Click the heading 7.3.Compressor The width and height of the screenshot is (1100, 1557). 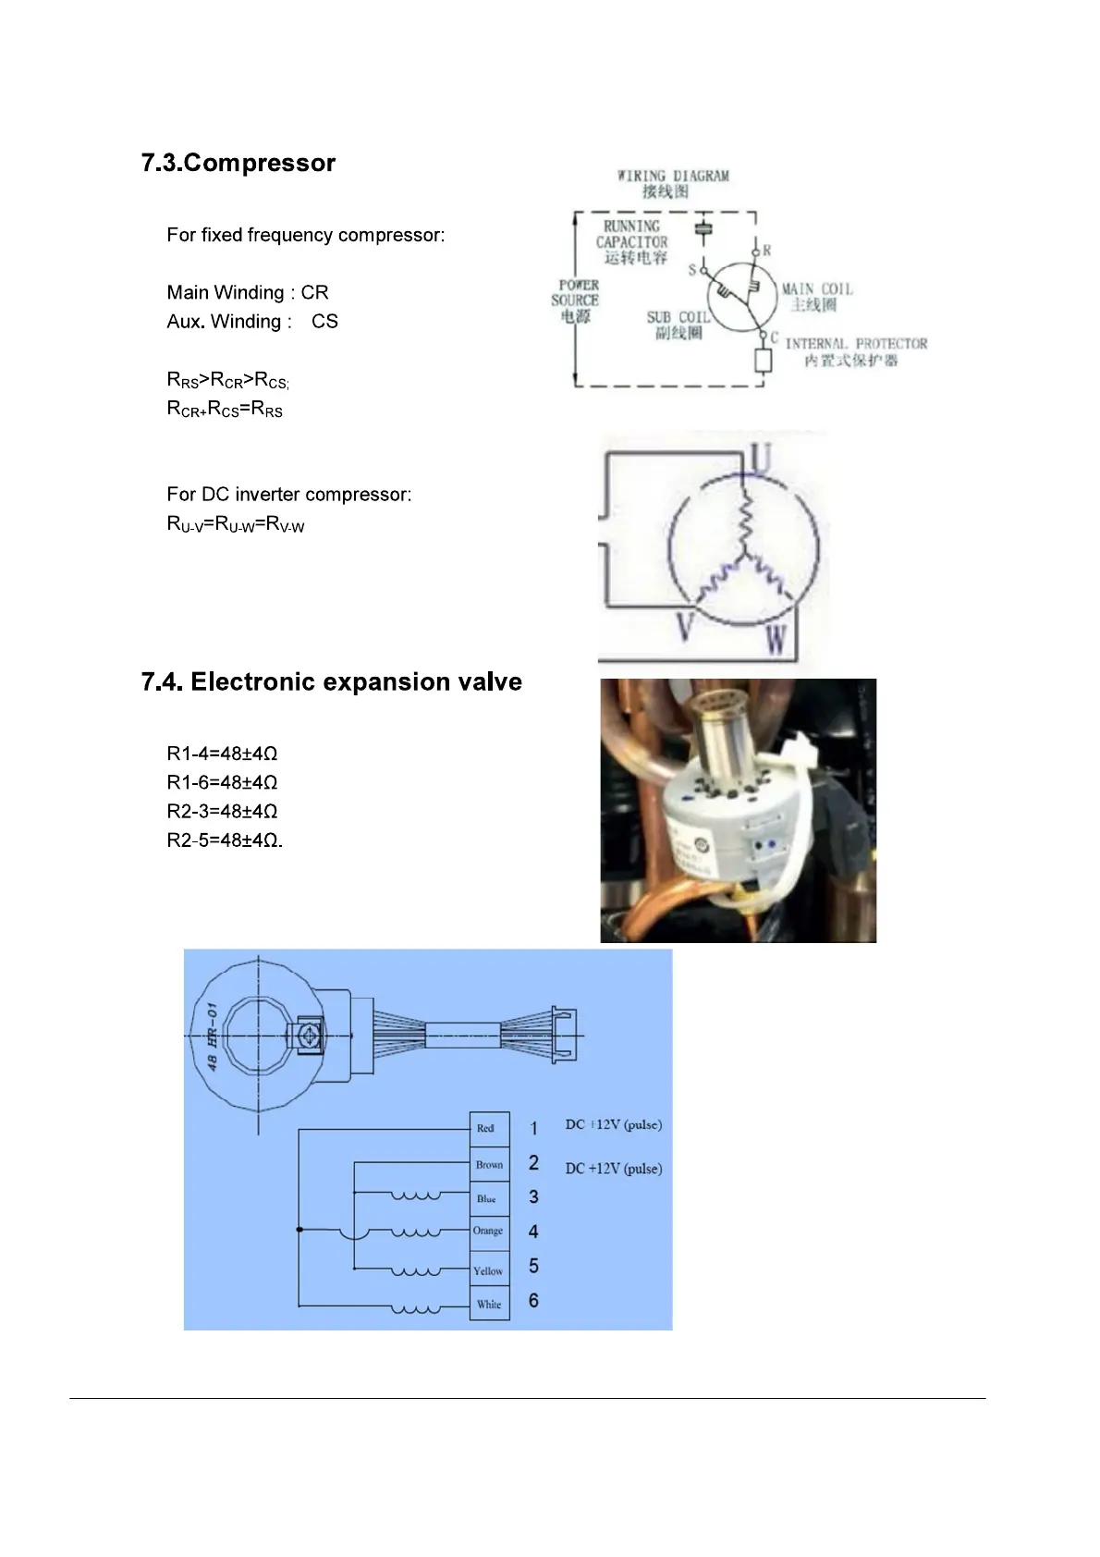238,163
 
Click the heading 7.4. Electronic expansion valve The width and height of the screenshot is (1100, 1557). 331,681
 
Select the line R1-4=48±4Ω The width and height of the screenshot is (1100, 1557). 222,754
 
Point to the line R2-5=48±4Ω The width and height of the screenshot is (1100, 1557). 224,840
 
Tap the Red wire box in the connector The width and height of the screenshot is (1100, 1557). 488,1128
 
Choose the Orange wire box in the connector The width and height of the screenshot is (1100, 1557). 488,1231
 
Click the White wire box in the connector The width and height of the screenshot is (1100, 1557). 489,1304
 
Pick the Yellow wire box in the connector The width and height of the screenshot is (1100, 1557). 488,1270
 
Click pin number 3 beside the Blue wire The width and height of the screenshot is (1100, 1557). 533,1197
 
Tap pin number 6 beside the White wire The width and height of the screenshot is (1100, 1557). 533,1301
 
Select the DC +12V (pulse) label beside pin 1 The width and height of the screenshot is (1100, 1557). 613,1125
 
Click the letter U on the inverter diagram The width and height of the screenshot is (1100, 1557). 760,460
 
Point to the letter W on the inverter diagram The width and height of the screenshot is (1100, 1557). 776,638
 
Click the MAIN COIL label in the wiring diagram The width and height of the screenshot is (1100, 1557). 816,289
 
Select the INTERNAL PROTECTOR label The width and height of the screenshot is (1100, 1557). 855,344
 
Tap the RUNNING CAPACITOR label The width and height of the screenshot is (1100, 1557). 632,234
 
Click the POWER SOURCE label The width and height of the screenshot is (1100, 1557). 576,293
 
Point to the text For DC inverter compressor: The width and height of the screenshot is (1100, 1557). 288,495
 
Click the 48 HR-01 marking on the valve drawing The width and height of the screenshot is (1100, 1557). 212,1037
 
